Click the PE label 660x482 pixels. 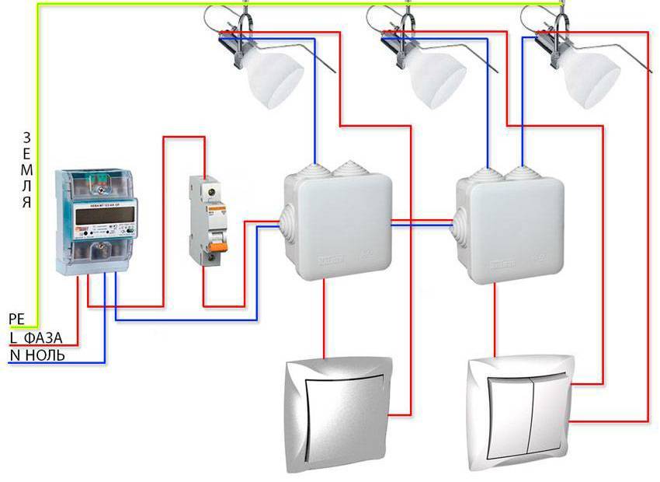[16, 319]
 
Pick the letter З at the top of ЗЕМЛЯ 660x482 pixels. [27, 136]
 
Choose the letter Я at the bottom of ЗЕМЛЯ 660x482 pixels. [27, 203]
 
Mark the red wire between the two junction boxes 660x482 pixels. [423, 222]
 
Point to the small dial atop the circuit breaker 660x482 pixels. [208, 189]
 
